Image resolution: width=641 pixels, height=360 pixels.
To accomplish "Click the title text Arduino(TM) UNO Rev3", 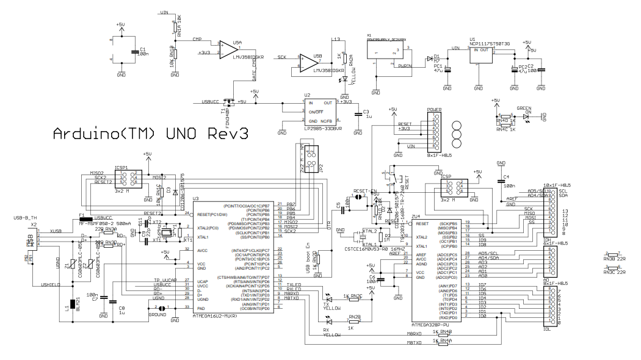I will [151, 133].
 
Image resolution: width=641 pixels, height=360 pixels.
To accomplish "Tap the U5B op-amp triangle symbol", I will [310, 62].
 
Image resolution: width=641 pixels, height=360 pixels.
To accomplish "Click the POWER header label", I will [434, 110].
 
